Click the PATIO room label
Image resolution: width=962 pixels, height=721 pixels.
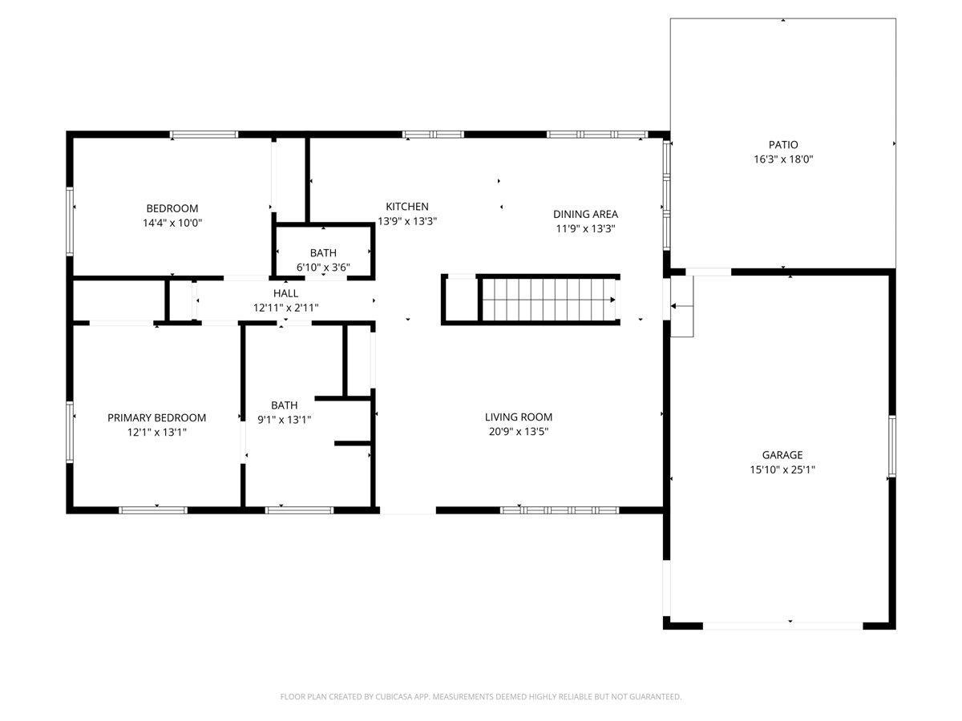pos(782,144)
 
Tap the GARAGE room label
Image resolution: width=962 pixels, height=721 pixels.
pos(782,455)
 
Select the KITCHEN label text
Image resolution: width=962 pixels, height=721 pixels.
pos(406,206)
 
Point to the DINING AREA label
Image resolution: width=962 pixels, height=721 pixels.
pos(585,214)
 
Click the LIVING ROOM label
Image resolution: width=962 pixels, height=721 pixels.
pos(518,417)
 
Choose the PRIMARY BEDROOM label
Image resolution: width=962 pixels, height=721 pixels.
pos(156,417)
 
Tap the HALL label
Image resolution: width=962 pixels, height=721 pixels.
pos(285,293)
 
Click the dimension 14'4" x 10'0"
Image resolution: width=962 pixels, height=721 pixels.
pos(172,223)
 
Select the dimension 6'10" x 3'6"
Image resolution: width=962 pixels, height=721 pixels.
pos(323,267)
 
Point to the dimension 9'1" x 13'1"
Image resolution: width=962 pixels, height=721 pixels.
pos(284,420)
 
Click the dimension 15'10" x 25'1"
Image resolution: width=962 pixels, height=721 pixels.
pos(782,469)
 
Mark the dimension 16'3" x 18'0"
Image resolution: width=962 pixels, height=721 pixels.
pos(782,159)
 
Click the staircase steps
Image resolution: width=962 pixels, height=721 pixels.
pos(548,300)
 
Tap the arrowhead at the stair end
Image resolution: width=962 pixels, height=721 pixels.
pos(612,300)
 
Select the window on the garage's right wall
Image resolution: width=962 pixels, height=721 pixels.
pos(891,446)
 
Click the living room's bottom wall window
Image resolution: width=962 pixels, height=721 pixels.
pos(560,510)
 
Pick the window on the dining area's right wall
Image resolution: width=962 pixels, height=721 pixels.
pos(666,195)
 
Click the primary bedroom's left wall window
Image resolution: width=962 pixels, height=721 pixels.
pos(69,432)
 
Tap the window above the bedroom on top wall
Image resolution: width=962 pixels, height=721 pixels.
pos(204,135)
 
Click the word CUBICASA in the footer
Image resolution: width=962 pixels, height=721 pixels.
pos(394,696)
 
